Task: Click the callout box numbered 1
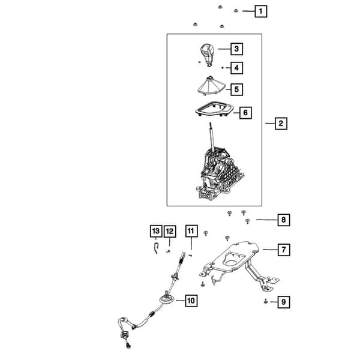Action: (260, 11)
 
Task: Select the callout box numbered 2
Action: (281, 124)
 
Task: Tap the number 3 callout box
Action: (237, 49)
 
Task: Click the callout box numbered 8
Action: (284, 220)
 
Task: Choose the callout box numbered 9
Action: (284, 302)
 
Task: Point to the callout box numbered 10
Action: (191, 301)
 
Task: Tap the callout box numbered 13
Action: (156, 231)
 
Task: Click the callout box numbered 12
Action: (170, 231)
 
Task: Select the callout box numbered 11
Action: (191, 231)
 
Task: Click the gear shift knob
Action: (207, 55)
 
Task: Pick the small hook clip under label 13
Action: (156, 248)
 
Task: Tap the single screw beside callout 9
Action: (266, 301)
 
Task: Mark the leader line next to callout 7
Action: (270, 250)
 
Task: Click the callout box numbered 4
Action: (237, 68)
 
